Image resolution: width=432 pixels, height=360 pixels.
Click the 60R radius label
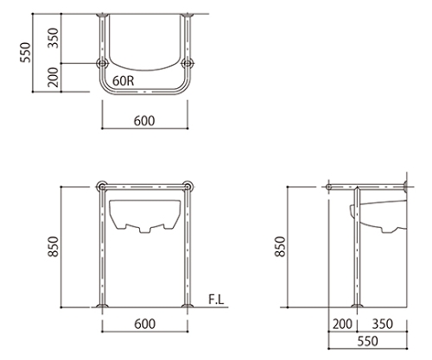[x=124, y=81]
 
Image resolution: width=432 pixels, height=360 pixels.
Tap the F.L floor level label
[x=216, y=300]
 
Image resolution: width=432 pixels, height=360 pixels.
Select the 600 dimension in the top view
[x=144, y=121]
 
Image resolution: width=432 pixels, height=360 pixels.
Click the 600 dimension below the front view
[x=145, y=324]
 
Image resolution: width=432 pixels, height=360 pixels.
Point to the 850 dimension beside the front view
[x=54, y=247]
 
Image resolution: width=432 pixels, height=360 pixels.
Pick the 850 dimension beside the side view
[x=280, y=246]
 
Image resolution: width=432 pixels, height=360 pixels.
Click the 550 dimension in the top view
[x=25, y=53]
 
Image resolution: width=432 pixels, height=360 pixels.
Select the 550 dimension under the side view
[x=368, y=341]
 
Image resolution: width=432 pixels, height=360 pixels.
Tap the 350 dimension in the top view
[x=53, y=38]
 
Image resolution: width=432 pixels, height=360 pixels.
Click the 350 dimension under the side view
[x=383, y=324]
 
